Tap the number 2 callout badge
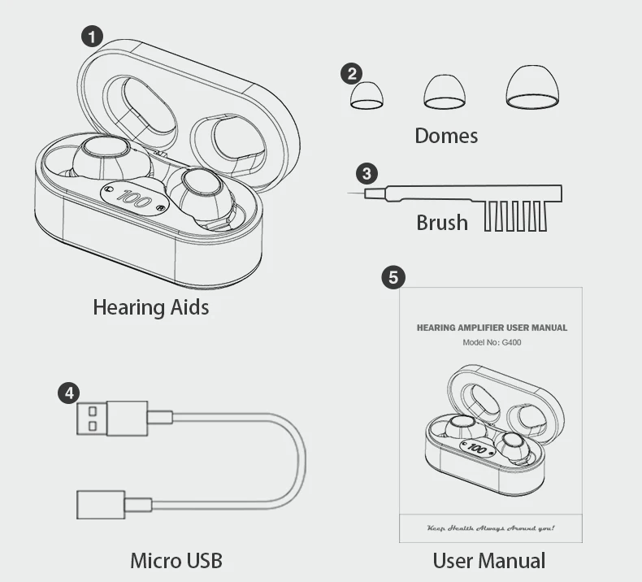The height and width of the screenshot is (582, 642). tap(351, 74)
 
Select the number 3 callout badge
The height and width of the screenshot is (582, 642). tap(367, 173)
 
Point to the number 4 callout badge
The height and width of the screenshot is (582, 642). tap(69, 393)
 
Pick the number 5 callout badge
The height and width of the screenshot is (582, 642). tap(393, 277)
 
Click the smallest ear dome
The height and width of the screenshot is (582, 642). tap(367, 96)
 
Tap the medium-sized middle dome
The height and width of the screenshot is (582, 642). tap(445, 92)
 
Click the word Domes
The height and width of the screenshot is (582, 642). tap(446, 136)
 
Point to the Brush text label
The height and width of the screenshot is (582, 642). tap(442, 222)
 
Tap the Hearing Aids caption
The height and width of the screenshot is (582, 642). tap(150, 307)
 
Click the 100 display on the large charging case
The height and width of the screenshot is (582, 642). tap(134, 198)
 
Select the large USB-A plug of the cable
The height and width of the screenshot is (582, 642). tap(112, 418)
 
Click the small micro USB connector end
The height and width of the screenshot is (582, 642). tap(102, 505)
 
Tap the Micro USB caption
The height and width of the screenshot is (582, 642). tap(176, 560)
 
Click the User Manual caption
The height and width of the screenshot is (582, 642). tap(488, 560)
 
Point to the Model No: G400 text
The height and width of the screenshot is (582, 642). tap(492, 343)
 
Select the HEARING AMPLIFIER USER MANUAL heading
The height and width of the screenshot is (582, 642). tap(492, 328)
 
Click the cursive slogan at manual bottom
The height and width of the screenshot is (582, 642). tap(491, 528)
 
